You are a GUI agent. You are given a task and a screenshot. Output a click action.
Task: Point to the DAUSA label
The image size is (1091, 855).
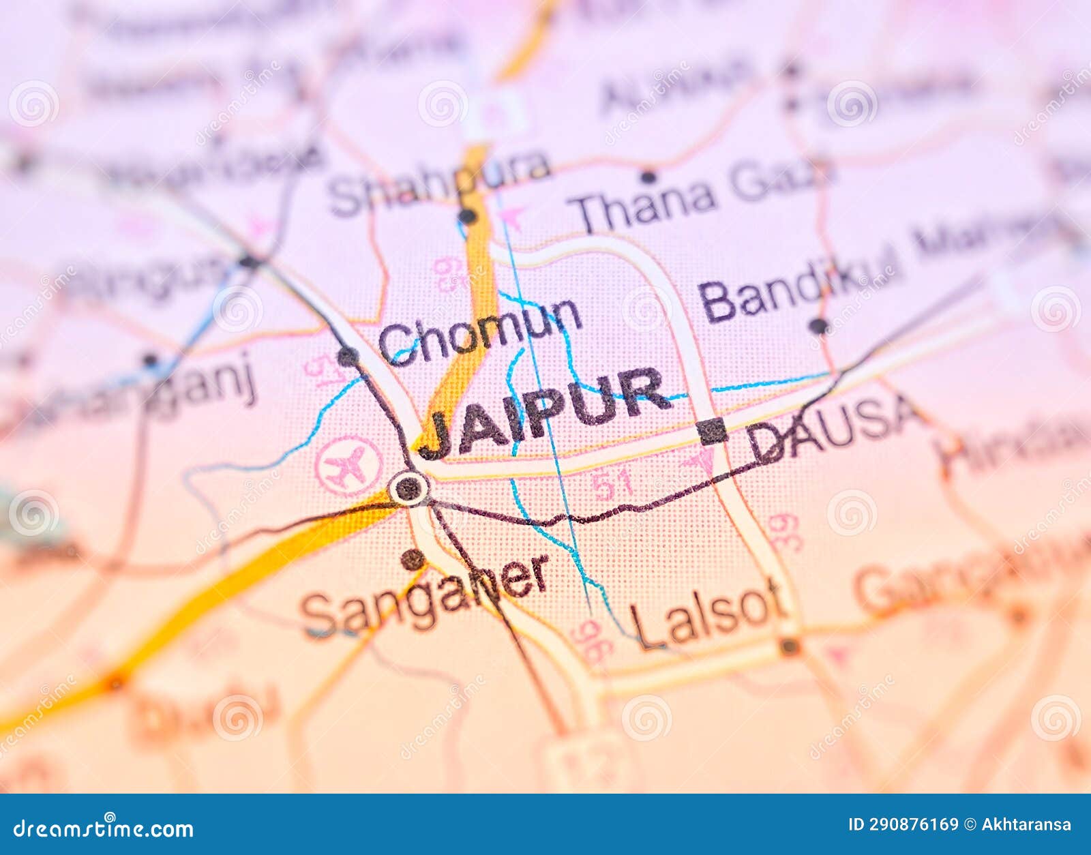click(833, 427)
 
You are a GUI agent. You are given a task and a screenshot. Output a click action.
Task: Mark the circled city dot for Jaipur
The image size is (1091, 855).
click(408, 488)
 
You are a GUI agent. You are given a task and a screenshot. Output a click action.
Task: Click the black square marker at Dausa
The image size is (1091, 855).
click(712, 431)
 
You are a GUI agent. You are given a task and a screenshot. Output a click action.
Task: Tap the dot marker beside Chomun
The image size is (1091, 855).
click(348, 356)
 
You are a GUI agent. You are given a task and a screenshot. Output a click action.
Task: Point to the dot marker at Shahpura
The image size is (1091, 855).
click(467, 217)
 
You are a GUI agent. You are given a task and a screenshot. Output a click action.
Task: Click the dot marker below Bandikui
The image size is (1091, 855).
click(818, 326)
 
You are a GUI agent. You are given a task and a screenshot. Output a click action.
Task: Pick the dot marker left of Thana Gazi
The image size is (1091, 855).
click(648, 177)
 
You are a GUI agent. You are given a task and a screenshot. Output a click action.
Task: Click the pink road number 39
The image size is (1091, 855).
click(784, 532)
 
